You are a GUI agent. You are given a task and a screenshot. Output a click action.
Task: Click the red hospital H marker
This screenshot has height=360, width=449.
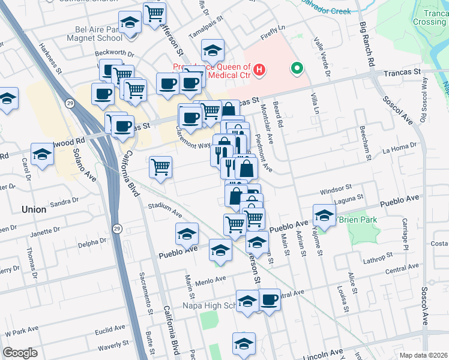click(259, 71)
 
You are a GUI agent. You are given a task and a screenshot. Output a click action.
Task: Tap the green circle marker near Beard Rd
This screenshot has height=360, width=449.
click(295, 68)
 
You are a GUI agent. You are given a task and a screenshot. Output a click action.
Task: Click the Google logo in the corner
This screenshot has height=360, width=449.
click(20, 353)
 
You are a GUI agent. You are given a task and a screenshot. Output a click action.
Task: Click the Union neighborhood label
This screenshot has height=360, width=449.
click(33, 209)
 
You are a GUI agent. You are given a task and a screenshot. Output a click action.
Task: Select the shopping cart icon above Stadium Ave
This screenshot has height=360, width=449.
click(160, 167)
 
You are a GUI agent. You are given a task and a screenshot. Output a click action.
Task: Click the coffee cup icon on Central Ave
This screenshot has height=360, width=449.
click(270, 299)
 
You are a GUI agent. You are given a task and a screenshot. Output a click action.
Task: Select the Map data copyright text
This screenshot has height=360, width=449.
click(423, 355)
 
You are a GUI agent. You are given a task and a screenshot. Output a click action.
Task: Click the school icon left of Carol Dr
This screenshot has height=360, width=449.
click(42, 155)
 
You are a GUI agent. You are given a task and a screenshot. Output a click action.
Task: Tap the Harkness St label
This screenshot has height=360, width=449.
click(52, 57)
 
